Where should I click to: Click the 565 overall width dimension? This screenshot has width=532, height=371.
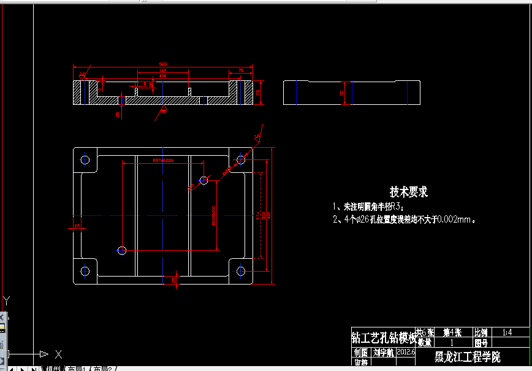pyautogui.click(x=162, y=64)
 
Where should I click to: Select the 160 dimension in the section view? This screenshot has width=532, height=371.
pyautogui.click(x=163, y=71)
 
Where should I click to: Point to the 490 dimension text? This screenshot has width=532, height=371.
pyautogui.click(x=163, y=76)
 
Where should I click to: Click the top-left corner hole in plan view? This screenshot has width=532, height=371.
pyautogui.click(x=85, y=160)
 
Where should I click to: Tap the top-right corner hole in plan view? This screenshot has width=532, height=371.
pyautogui.click(x=241, y=160)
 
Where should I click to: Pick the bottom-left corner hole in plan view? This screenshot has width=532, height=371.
pyautogui.click(x=85, y=270)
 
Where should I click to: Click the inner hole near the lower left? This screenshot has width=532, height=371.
pyautogui.click(x=122, y=250)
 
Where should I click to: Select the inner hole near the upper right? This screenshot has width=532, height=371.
pyautogui.click(x=204, y=180)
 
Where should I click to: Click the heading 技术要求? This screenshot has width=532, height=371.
pyautogui.click(x=409, y=192)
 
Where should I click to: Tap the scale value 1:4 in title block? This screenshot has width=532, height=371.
pyautogui.click(x=507, y=332)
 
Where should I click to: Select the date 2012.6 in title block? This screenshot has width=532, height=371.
pyautogui.click(x=406, y=352)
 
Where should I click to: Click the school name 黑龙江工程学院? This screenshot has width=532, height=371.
pyautogui.click(x=467, y=357)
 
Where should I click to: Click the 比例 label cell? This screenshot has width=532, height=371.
pyautogui.click(x=481, y=332)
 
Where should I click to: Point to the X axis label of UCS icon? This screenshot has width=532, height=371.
pyautogui.click(x=58, y=354)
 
